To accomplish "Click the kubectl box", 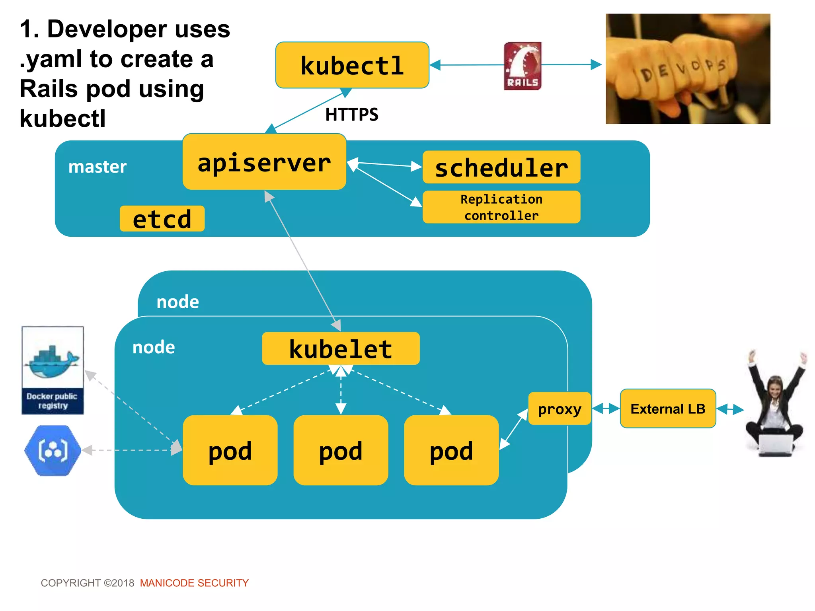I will [x=352, y=65].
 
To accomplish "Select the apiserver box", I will [x=264, y=162].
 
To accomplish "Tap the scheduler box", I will [x=501, y=167].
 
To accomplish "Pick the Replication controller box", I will [x=501, y=207].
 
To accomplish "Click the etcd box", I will [x=162, y=219].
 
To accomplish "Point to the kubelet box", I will [x=341, y=348].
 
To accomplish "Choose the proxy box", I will [x=559, y=409].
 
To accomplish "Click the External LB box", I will [x=668, y=409].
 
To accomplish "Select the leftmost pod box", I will [x=230, y=450].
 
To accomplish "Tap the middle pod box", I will [x=341, y=450].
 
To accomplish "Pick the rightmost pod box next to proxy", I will [x=451, y=450].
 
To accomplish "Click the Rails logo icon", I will [x=523, y=66].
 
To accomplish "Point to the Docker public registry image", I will [x=53, y=370].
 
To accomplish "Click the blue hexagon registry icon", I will [x=53, y=450].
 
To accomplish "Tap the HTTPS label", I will [x=352, y=115].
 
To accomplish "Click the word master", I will [x=97, y=167].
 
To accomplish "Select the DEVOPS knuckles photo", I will [x=688, y=69].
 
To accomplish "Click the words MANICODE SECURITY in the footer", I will [x=194, y=583].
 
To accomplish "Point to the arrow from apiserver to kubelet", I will [x=302, y=261].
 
